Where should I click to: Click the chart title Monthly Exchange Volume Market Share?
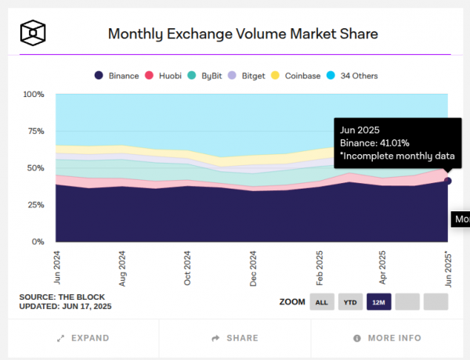click(243, 34)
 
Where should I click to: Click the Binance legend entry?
click(117, 76)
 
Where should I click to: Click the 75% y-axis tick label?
click(34, 131)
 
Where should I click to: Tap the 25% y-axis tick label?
click(34, 205)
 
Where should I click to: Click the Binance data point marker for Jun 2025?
click(448, 181)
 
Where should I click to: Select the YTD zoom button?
click(350, 301)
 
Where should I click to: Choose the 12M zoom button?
click(378, 301)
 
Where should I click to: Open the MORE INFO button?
click(387, 338)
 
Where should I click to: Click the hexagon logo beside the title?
click(34, 33)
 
